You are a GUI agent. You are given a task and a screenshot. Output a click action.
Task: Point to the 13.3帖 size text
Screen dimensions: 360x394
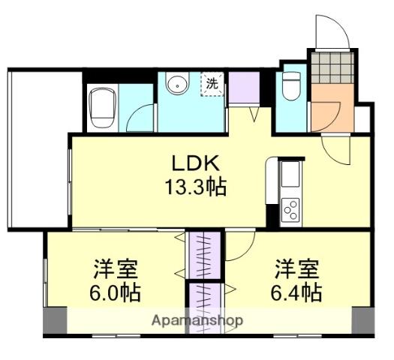(197, 185)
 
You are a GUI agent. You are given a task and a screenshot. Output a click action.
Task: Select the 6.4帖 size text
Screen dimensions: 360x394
(297, 292)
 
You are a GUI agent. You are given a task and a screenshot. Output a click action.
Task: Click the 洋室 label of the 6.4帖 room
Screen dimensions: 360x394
(296, 268)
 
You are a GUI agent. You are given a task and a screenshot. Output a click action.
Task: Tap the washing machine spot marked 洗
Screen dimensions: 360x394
(212, 83)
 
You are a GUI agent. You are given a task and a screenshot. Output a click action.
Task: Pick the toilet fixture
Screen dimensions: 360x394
(290, 87)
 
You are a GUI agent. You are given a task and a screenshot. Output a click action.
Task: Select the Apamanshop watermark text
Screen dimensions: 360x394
(197, 320)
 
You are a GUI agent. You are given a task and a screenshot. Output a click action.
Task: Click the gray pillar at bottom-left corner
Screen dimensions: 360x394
(55, 321)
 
